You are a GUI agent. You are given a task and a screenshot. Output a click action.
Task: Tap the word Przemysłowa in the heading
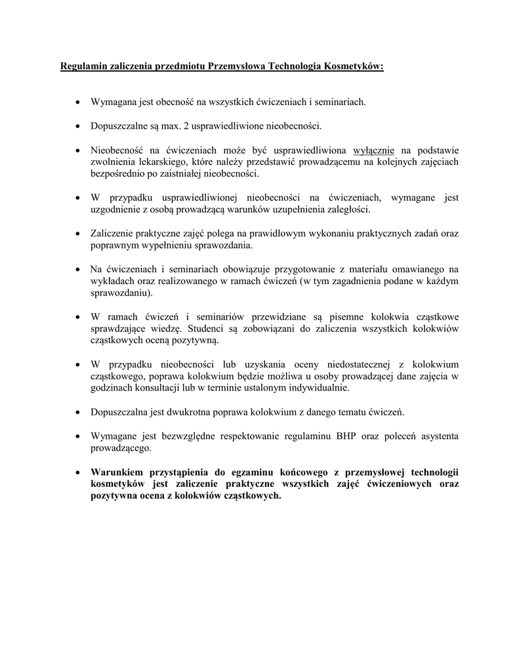pyautogui.click(x=238, y=66)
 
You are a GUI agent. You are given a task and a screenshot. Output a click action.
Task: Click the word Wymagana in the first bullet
pyautogui.click(x=114, y=102)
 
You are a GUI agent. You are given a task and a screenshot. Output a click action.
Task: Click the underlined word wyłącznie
pyautogui.click(x=373, y=150)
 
